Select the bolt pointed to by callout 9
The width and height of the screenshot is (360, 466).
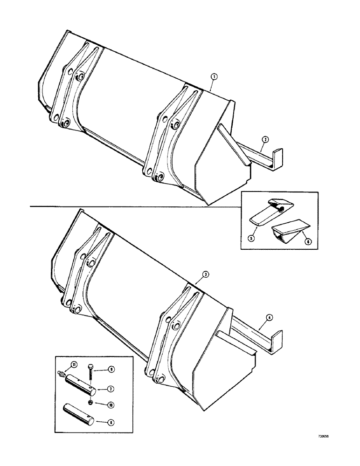click(x=90, y=373)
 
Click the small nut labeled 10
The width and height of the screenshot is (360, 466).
click(x=90, y=402)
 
